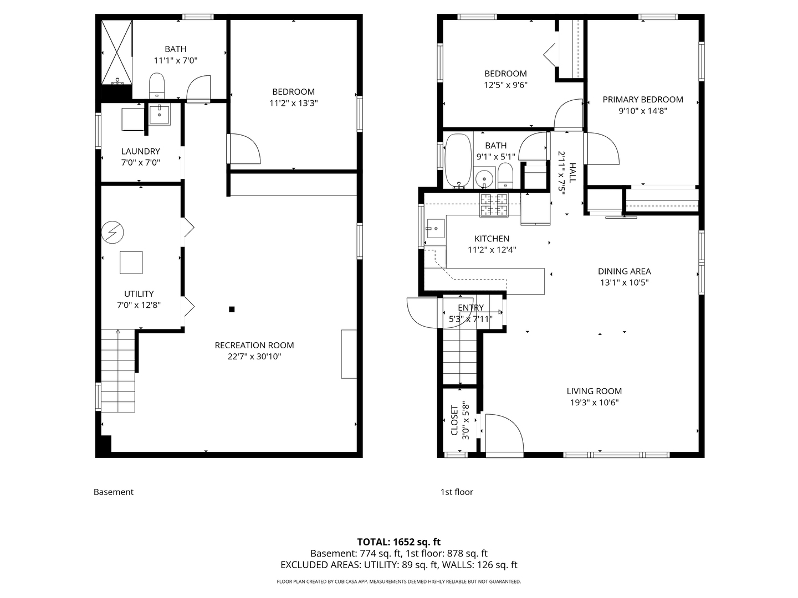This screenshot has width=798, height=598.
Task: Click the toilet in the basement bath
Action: pyautogui.click(x=157, y=85)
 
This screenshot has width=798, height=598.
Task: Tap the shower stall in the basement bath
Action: pyautogui.click(x=116, y=52)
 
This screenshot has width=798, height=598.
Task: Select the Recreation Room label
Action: pyautogui.click(x=254, y=346)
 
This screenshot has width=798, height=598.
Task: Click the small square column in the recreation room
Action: pyautogui.click(x=232, y=310)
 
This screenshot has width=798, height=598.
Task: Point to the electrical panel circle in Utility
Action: pyautogui.click(x=112, y=232)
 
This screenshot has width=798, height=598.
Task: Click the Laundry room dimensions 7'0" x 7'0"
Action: pyautogui.click(x=140, y=163)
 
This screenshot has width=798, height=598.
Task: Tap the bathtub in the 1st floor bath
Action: pyautogui.click(x=458, y=161)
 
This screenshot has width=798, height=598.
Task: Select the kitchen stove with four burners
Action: pyautogui.click(x=494, y=205)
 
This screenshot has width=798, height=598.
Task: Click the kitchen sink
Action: pyautogui.click(x=435, y=228)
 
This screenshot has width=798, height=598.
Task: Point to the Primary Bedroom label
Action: pyautogui.click(x=643, y=100)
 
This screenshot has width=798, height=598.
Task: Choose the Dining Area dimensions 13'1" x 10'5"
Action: pyautogui.click(x=624, y=282)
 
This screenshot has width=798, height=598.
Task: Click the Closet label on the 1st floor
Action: pyautogui.click(x=454, y=420)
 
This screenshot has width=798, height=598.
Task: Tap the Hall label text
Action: pyautogui.click(x=572, y=173)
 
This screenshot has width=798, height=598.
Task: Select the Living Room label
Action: pyautogui.click(x=594, y=391)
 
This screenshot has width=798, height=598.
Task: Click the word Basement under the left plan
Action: pyautogui.click(x=114, y=492)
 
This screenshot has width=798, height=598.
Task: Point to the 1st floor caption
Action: pyautogui.click(x=457, y=492)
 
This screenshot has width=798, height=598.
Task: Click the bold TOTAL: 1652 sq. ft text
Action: pyautogui.click(x=399, y=542)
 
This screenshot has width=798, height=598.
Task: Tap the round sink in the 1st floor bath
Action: pyautogui.click(x=484, y=178)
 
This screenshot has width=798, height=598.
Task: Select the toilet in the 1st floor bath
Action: pyautogui.click(x=505, y=176)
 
